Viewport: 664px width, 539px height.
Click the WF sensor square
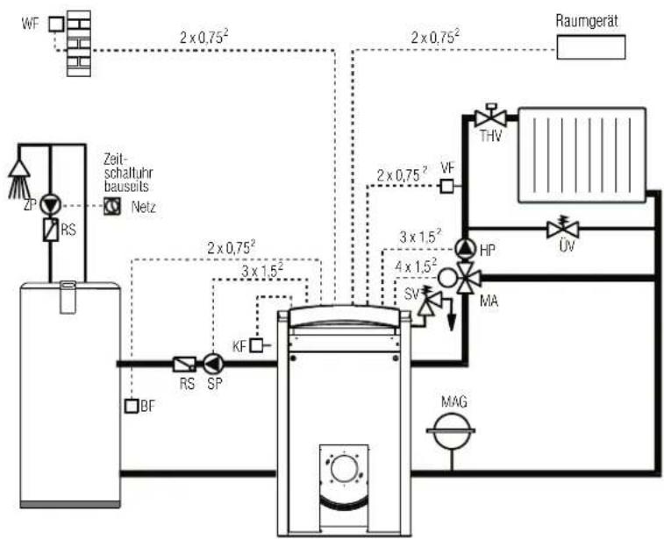tap(56, 25)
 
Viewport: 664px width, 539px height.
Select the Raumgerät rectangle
tap(590, 47)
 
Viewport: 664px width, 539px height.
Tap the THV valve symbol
tap(491, 117)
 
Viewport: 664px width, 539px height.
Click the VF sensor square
tap(446, 186)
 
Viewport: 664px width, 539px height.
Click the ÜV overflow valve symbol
tap(563, 229)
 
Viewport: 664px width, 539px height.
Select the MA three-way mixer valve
tap(468, 278)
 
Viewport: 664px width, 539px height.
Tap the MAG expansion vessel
tap(452, 430)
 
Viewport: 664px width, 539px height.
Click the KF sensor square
tap(256, 346)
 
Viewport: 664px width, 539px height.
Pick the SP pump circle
tap(213, 364)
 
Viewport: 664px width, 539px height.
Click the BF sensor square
tap(132, 406)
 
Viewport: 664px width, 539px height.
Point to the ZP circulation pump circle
tap(51, 205)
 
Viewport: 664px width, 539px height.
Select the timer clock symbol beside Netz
tap(112, 206)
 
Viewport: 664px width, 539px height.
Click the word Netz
tap(143, 208)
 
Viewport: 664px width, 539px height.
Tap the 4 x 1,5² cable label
tap(416, 266)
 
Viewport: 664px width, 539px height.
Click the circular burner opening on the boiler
tap(344, 469)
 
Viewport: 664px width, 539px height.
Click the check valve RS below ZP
tap(51, 230)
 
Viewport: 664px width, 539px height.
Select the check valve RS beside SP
tap(184, 365)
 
